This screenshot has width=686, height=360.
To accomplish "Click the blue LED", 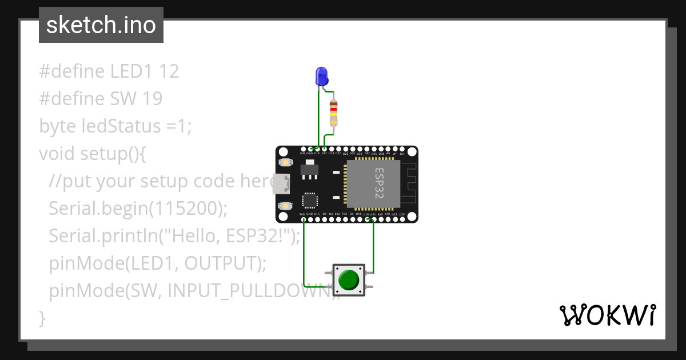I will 322,77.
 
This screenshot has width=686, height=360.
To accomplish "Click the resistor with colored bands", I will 334,113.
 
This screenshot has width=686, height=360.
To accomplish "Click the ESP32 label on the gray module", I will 379,183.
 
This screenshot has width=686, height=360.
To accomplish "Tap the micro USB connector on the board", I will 281,183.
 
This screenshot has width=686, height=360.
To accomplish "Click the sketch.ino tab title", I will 101,25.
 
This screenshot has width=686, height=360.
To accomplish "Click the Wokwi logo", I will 607,315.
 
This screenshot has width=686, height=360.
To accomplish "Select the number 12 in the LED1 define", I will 169,71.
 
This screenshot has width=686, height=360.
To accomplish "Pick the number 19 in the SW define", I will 153,99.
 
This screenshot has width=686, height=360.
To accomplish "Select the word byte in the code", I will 55,126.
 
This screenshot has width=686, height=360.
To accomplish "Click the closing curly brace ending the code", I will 42,317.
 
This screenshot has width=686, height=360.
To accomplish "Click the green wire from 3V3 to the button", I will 304,251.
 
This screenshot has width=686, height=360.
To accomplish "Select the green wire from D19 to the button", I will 373,246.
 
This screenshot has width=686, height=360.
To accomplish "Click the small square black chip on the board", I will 310,200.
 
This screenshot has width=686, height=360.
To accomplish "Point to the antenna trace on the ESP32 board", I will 408,183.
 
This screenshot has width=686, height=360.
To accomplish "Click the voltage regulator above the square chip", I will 309,170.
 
